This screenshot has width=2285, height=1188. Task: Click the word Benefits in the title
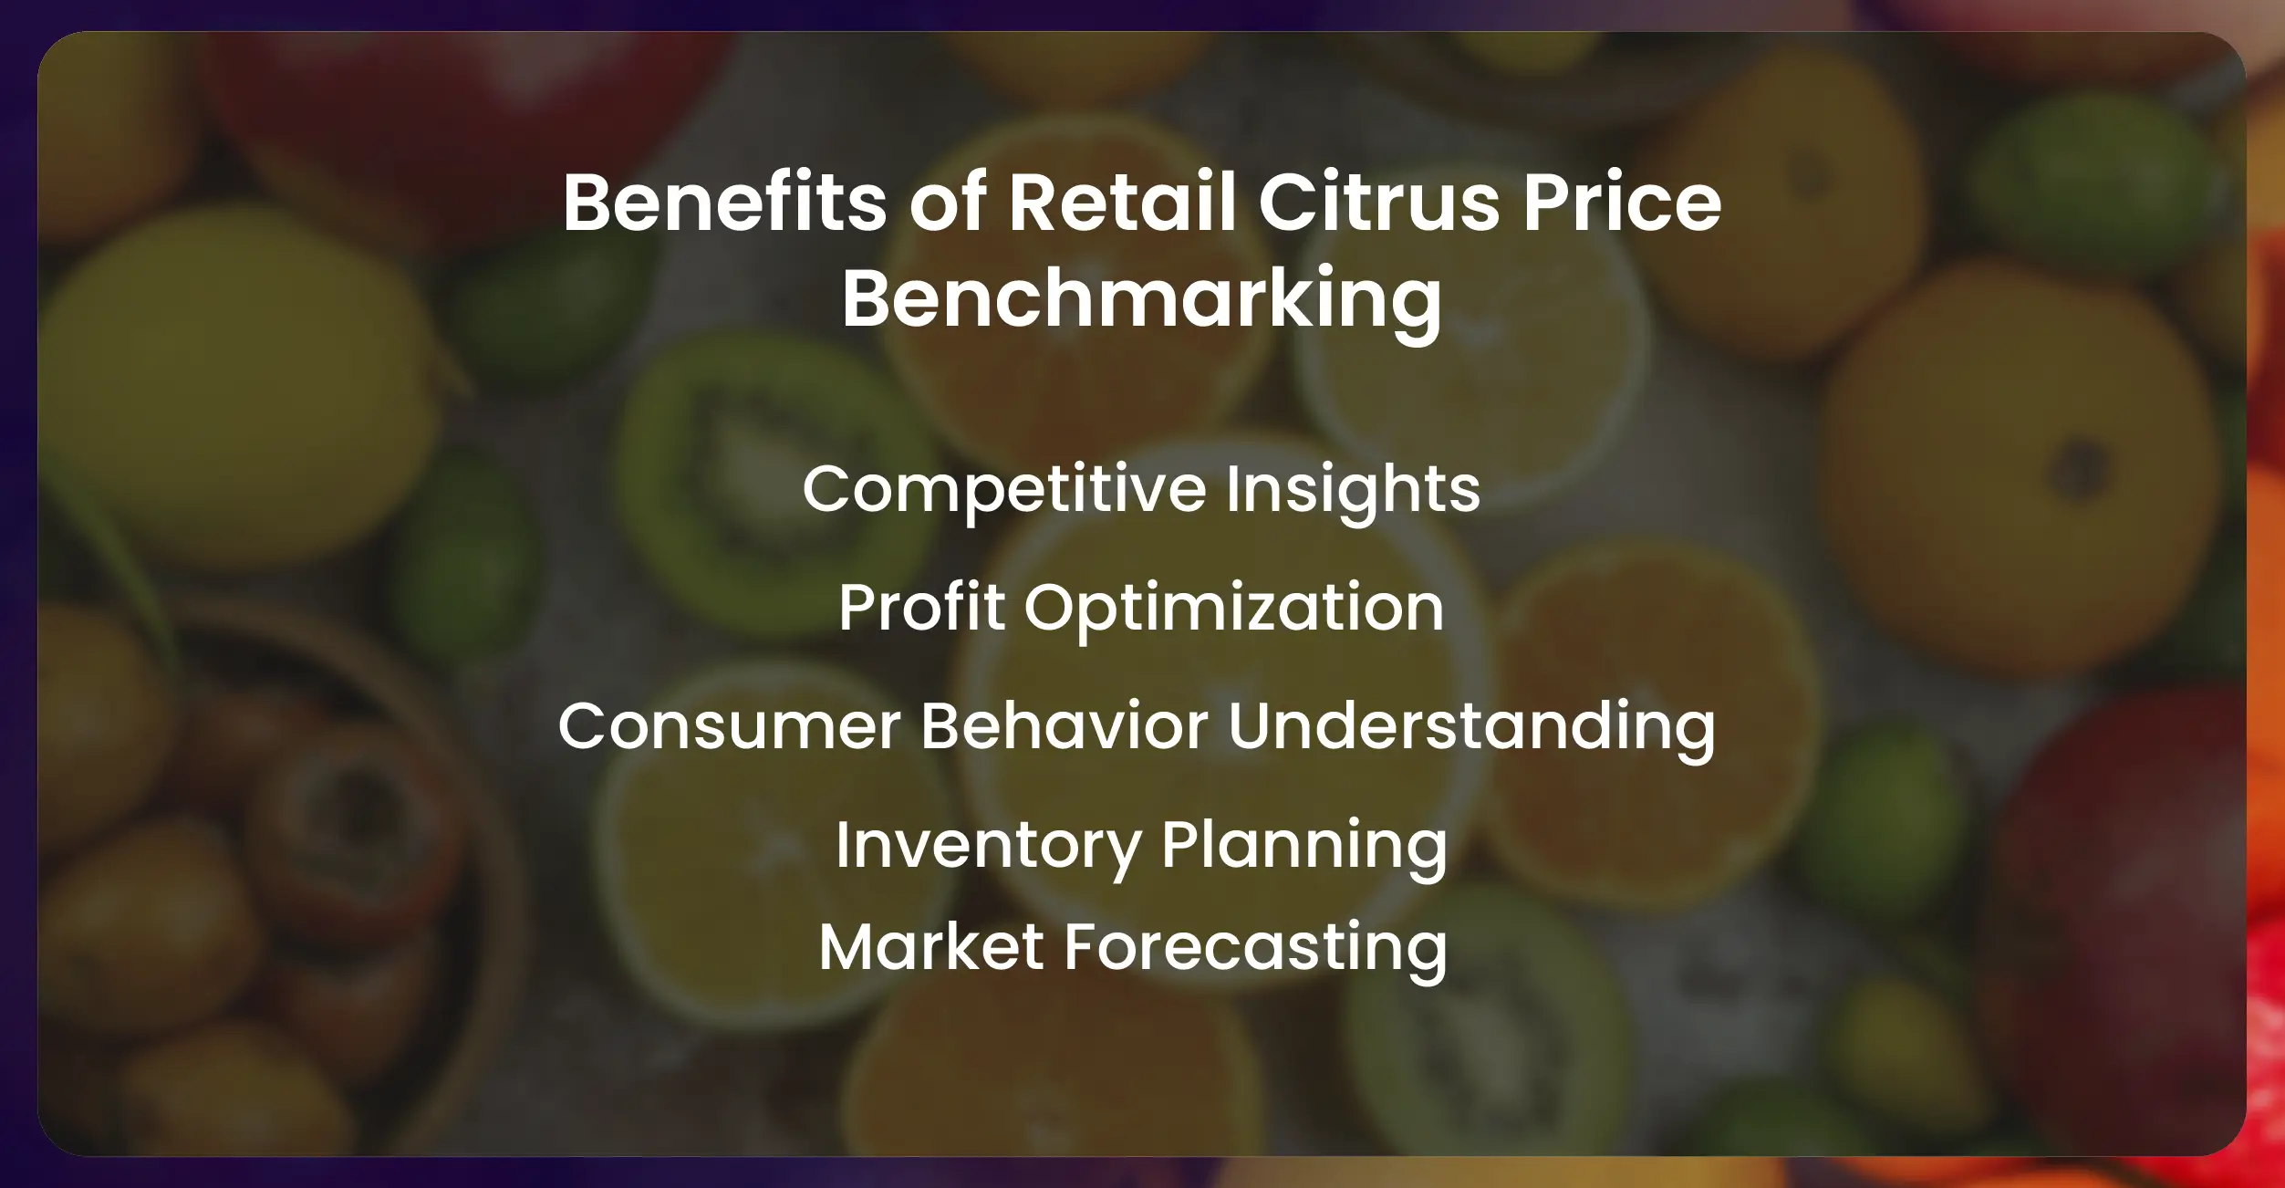(724, 203)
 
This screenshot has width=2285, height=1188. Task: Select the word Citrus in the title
(1379, 203)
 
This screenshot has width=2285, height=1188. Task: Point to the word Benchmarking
(1141, 299)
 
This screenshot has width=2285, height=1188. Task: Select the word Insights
(1353, 490)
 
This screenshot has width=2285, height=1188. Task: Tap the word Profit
(921, 608)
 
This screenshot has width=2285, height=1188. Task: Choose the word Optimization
(1234, 609)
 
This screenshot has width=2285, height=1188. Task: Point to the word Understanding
(1471, 727)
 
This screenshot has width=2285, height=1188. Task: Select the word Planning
(1304, 846)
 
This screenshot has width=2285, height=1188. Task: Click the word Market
(930, 947)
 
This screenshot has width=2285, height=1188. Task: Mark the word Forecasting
(1256, 947)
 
